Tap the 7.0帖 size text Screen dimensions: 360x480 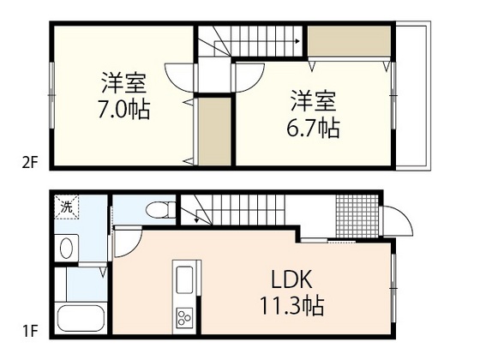tap(123, 111)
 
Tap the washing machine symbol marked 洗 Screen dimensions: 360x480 tap(66, 206)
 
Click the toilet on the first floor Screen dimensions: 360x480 tap(159, 208)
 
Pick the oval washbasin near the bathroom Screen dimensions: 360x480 tap(66, 248)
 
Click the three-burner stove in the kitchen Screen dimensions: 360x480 tap(185, 318)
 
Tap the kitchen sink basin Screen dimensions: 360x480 tap(184, 279)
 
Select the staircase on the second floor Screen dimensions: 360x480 tap(249, 41)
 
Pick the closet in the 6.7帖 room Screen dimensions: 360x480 tap(346, 40)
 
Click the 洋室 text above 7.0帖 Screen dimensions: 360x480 tap(123, 85)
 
